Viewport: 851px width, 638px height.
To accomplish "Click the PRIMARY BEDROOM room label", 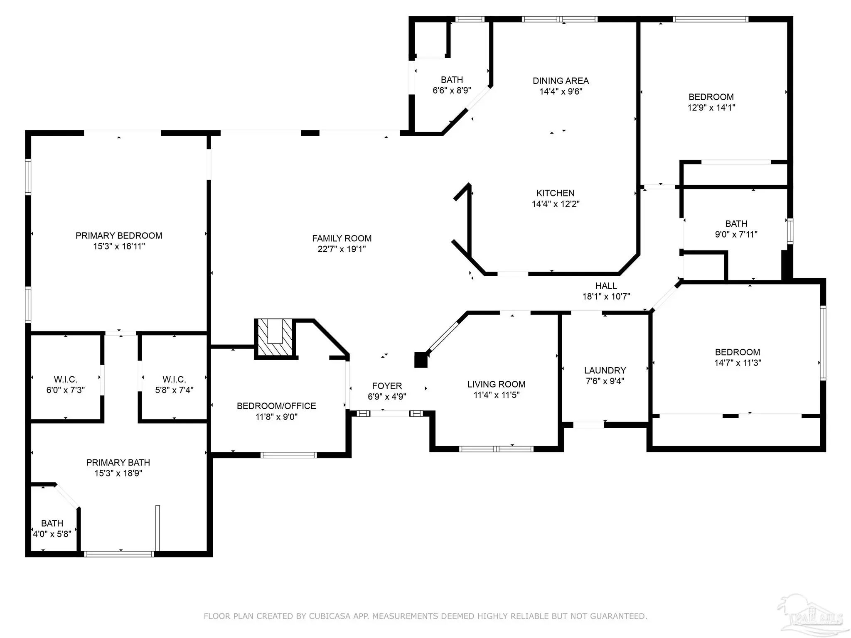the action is [x=119, y=236].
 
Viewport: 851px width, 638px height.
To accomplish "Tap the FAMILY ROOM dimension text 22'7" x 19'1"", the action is [x=342, y=249].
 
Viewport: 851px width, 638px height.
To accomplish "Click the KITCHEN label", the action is [x=555, y=193].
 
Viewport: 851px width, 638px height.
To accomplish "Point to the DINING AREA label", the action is [x=561, y=81].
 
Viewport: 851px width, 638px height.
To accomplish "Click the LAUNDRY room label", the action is [x=605, y=371].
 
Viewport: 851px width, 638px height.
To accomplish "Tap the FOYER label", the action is [x=387, y=386].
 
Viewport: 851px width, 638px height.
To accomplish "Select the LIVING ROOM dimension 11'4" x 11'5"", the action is [x=497, y=395].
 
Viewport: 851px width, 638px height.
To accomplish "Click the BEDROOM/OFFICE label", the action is [x=276, y=406].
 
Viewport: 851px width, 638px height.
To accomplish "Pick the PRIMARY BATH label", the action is [x=118, y=462].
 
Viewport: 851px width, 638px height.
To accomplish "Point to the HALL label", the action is [x=606, y=286].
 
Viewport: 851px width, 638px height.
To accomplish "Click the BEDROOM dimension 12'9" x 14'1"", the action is [x=711, y=108].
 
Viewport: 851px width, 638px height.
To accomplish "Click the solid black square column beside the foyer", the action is [x=421, y=360].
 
